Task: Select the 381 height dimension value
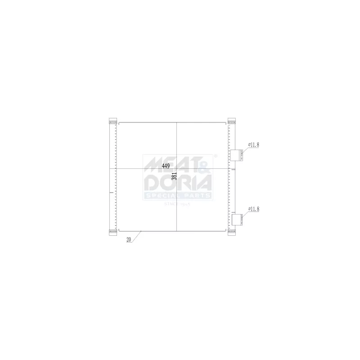coord(174,176)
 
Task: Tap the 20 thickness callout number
coord(129,240)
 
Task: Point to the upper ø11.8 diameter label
coord(254,144)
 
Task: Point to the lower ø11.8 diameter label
coord(254,209)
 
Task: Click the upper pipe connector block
coord(237,155)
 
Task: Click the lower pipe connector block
coord(237,219)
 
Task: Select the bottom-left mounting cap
coord(112,232)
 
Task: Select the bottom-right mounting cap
coord(232,232)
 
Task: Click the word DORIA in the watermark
coord(178,182)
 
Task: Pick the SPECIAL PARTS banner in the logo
coord(178,196)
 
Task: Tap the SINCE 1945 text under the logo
coord(178,203)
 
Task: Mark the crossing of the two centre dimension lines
coord(177,168)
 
